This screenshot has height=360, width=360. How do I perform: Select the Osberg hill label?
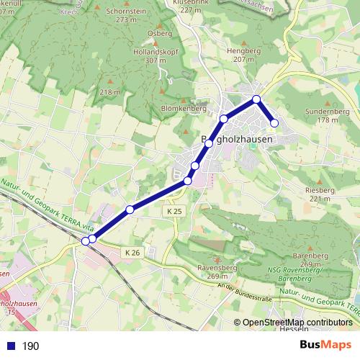point(159,33)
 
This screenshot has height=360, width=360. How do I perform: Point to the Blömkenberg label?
point(179,108)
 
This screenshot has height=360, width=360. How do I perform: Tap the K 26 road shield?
point(131,253)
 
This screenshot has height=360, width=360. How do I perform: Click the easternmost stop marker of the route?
point(274,122)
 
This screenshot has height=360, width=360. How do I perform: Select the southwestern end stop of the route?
point(86,241)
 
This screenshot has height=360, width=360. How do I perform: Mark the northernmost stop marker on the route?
point(256,99)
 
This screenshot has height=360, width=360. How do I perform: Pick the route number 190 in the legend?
point(30,346)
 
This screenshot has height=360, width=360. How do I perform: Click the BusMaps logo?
point(326,345)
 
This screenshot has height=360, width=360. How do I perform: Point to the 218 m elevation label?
point(110,93)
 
